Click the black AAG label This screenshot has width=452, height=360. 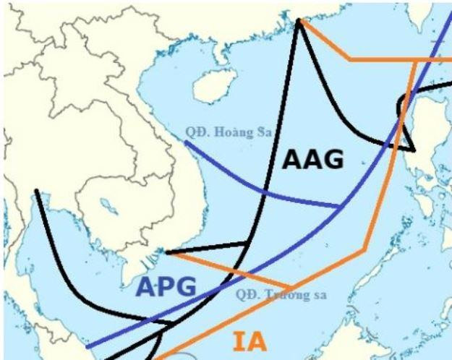tap(312, 160)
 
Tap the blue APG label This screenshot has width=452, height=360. tap(168, 287)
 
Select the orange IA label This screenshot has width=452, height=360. tap(249, 342)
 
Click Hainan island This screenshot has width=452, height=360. tap(208, 87)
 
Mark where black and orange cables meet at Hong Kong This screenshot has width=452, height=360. tap(299, 21)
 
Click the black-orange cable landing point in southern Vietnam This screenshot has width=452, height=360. tap(167, 252)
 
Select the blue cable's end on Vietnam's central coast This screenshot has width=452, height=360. tap(185, 142)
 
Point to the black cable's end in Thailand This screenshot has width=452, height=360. tap(35, 192)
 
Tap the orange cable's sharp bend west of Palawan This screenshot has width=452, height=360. tap(364, 249)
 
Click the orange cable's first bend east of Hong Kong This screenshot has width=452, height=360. tap(351, 59)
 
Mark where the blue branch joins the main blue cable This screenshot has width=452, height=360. tap(341, 207)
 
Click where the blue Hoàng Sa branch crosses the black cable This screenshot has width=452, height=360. tap(263, 193)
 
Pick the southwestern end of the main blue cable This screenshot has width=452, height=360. tap(87, 346)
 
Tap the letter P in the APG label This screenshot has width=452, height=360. tap(168, 287)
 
